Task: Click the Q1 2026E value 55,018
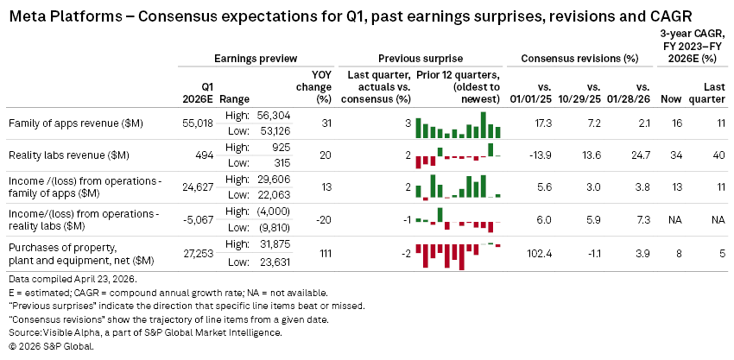[195, 124]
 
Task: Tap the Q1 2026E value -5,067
[195, 219]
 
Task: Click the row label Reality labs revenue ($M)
[67, 155]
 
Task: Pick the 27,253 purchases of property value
[195, 252]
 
